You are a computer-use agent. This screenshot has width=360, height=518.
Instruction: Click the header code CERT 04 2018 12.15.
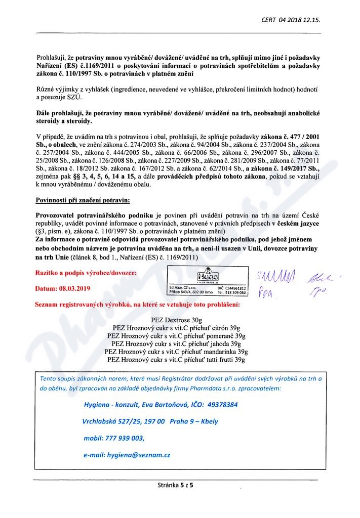[x=291, y=20]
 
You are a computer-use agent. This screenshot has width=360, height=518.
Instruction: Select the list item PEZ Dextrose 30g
[x=176, y=320]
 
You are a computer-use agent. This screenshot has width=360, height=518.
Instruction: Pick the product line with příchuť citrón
[x=176, y=328]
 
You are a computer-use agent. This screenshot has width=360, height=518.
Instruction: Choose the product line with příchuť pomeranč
[x=176, y=336]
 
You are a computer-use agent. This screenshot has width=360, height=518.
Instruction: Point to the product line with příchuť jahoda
[x=176, y=343]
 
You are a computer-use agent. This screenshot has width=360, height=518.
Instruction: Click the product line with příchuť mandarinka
[x=176, y=351]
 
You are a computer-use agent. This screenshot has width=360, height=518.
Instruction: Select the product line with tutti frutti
[x=176, y=359]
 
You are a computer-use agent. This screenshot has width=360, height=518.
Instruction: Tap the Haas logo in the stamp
[x=209, y=277]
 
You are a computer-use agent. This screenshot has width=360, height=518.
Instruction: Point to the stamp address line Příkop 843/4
[x=190, y=292]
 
